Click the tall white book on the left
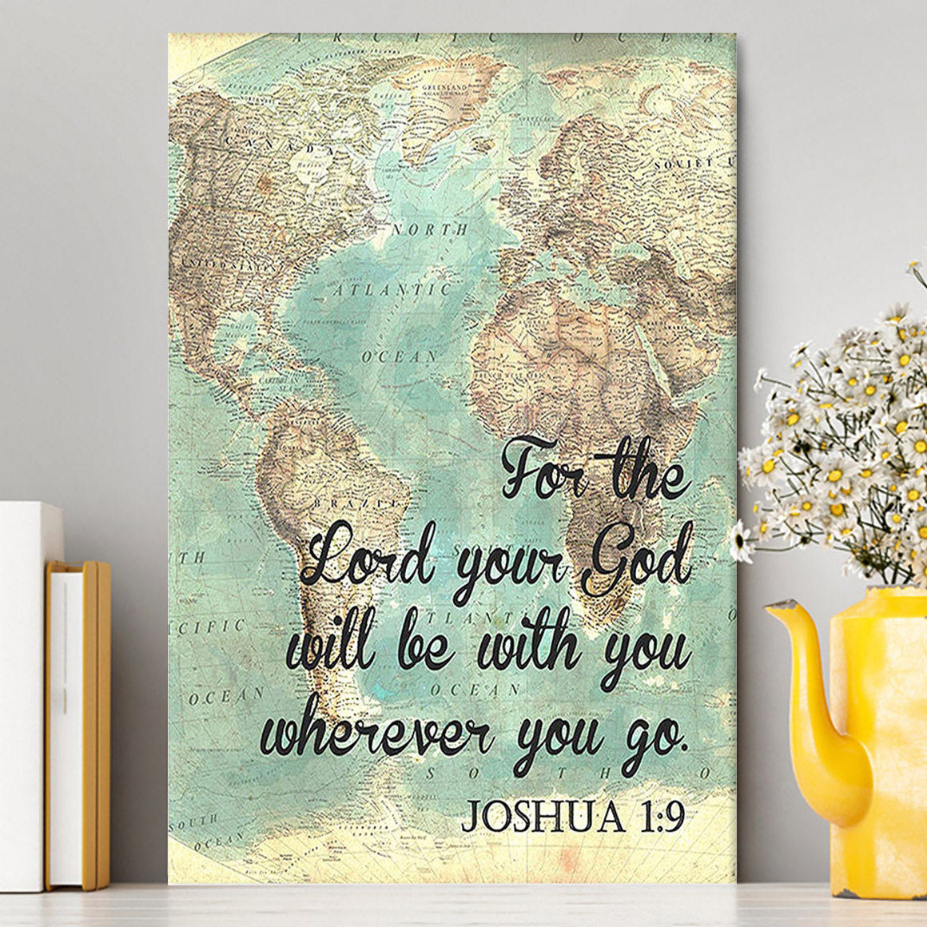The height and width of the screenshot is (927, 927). pyautogui.click(x=24, y=695)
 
